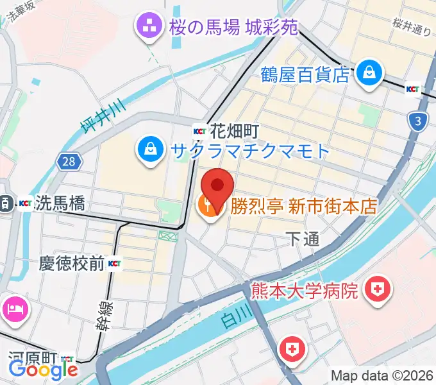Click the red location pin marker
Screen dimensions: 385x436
pos(218,186)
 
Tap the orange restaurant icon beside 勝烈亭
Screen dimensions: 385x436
pos(208,208)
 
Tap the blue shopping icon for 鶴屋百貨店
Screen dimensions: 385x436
pos(370,72)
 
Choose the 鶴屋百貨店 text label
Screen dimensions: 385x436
pos(305,74)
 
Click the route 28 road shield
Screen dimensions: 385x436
pos(69,161)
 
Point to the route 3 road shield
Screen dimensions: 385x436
pos(418,119)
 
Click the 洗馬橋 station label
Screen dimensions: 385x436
pos(60,204)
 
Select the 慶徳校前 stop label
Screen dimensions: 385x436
pos(72,263)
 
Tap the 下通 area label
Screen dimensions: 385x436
pos(302,239)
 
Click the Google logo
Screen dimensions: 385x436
pos(43,369)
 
